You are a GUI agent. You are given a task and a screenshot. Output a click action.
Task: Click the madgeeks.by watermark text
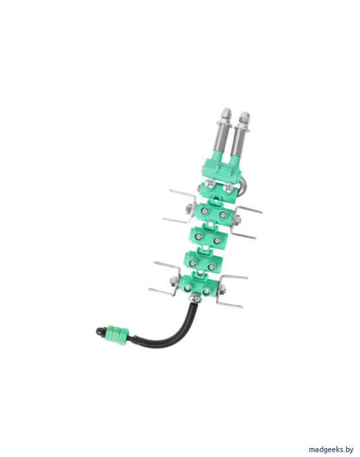[x=331, y=449]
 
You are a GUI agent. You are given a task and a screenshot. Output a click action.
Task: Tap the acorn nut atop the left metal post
[x=226, y=114]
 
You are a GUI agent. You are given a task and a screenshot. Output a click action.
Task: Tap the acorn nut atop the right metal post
[x=244, y=117]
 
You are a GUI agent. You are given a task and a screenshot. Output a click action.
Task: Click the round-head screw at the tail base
[x=194, y=298]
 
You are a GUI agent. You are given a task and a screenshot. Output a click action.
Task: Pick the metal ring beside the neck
[x=242, y=187]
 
